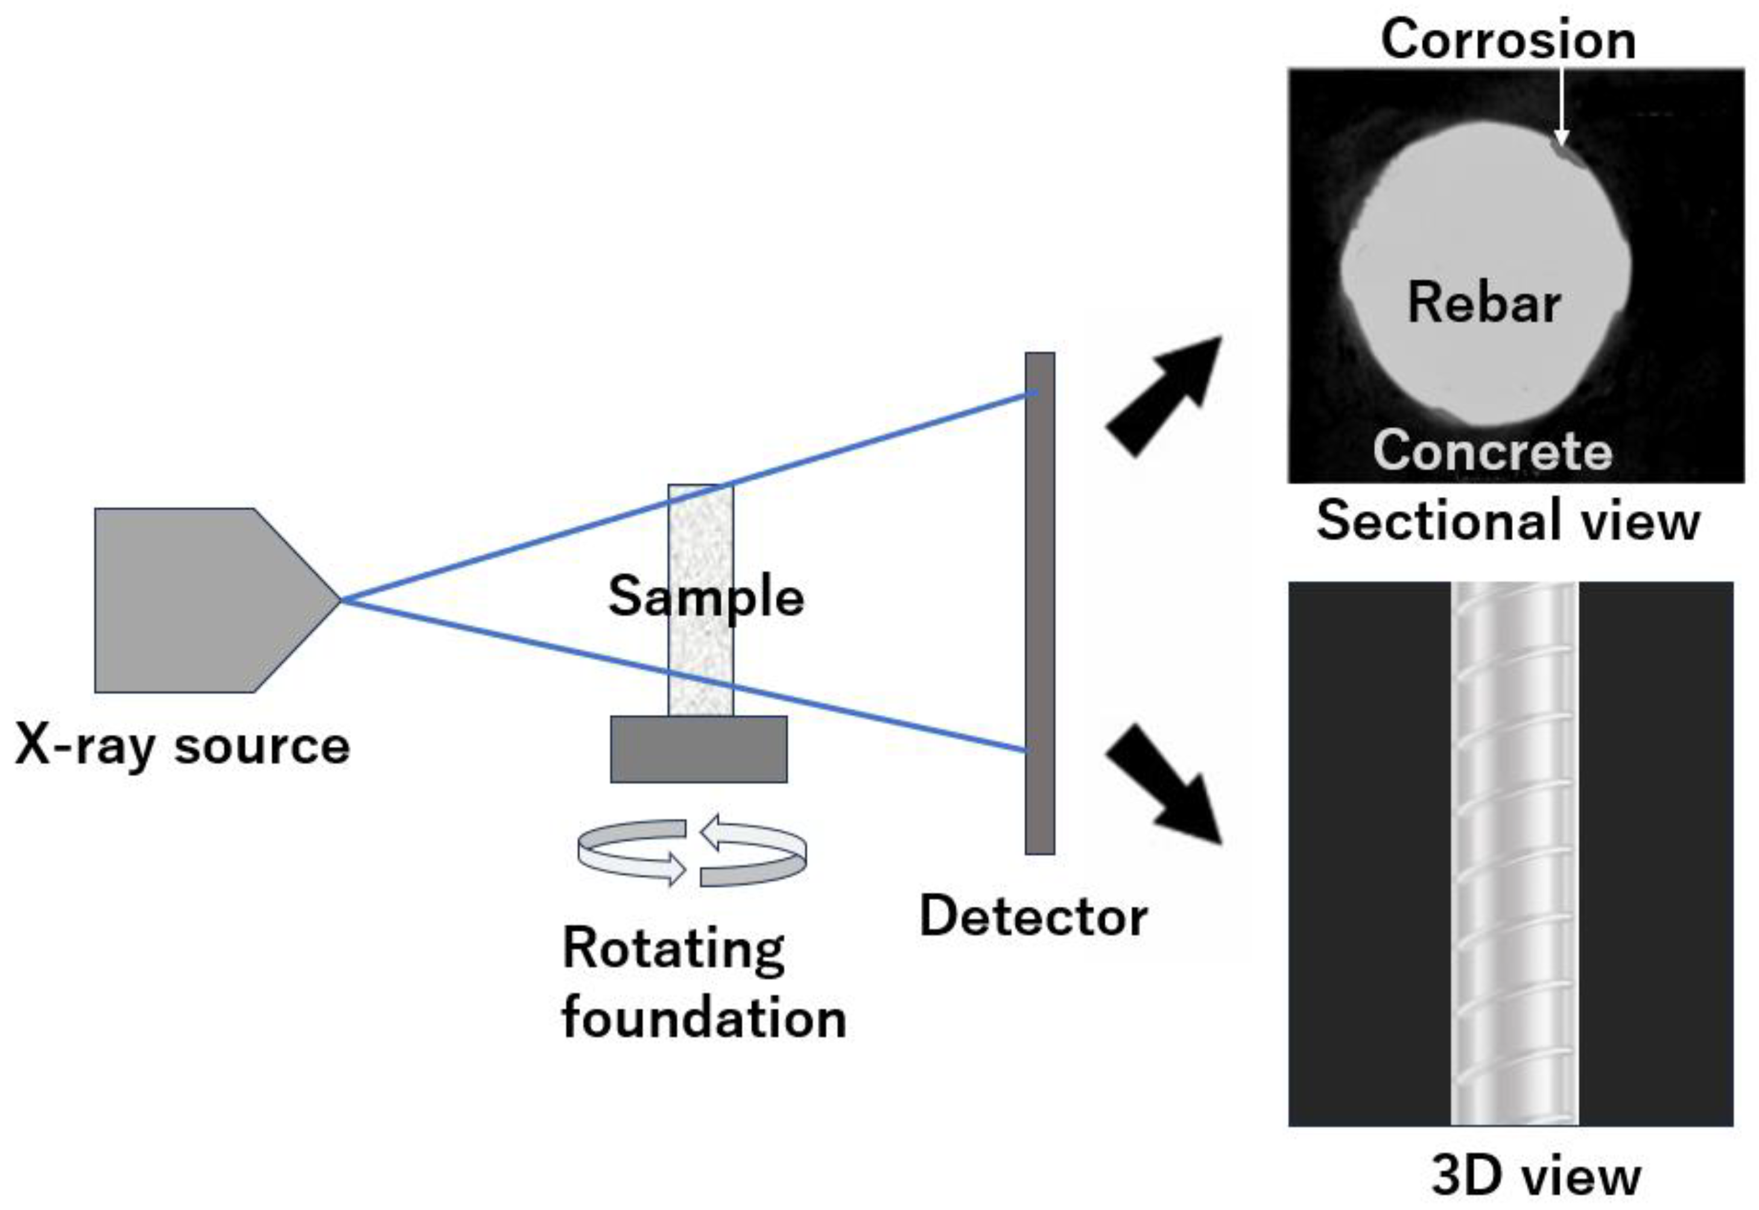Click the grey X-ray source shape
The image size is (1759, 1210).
tap(197, 600)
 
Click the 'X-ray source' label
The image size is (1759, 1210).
tap(182, 746)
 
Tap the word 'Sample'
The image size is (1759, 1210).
tap(706, 597)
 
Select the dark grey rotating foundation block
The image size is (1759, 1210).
tap(699, 749)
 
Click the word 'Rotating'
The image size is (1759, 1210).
tap(673, 948)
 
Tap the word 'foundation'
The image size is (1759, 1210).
tap(703, 1018)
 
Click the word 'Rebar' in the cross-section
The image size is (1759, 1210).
tap(1484, 302)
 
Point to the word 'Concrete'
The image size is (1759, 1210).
tap(1492, 451)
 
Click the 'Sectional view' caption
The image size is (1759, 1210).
tap(1508, 521)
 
